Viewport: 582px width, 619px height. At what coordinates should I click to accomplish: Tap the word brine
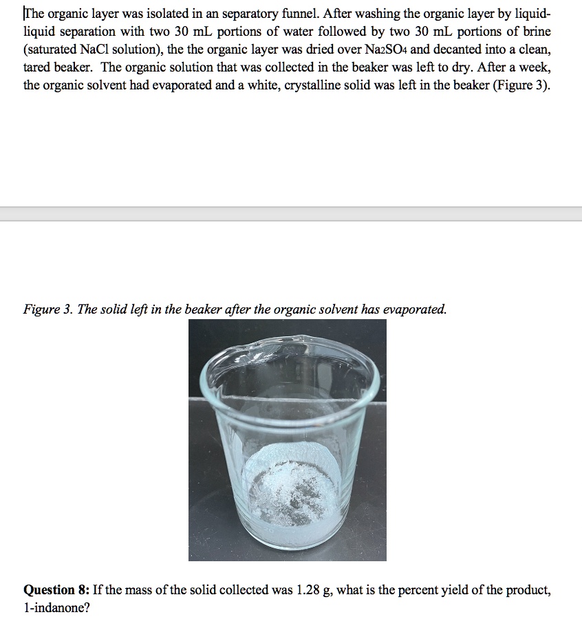(x=537, y=32)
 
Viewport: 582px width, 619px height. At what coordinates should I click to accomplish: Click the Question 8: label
(x=57, y=590)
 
